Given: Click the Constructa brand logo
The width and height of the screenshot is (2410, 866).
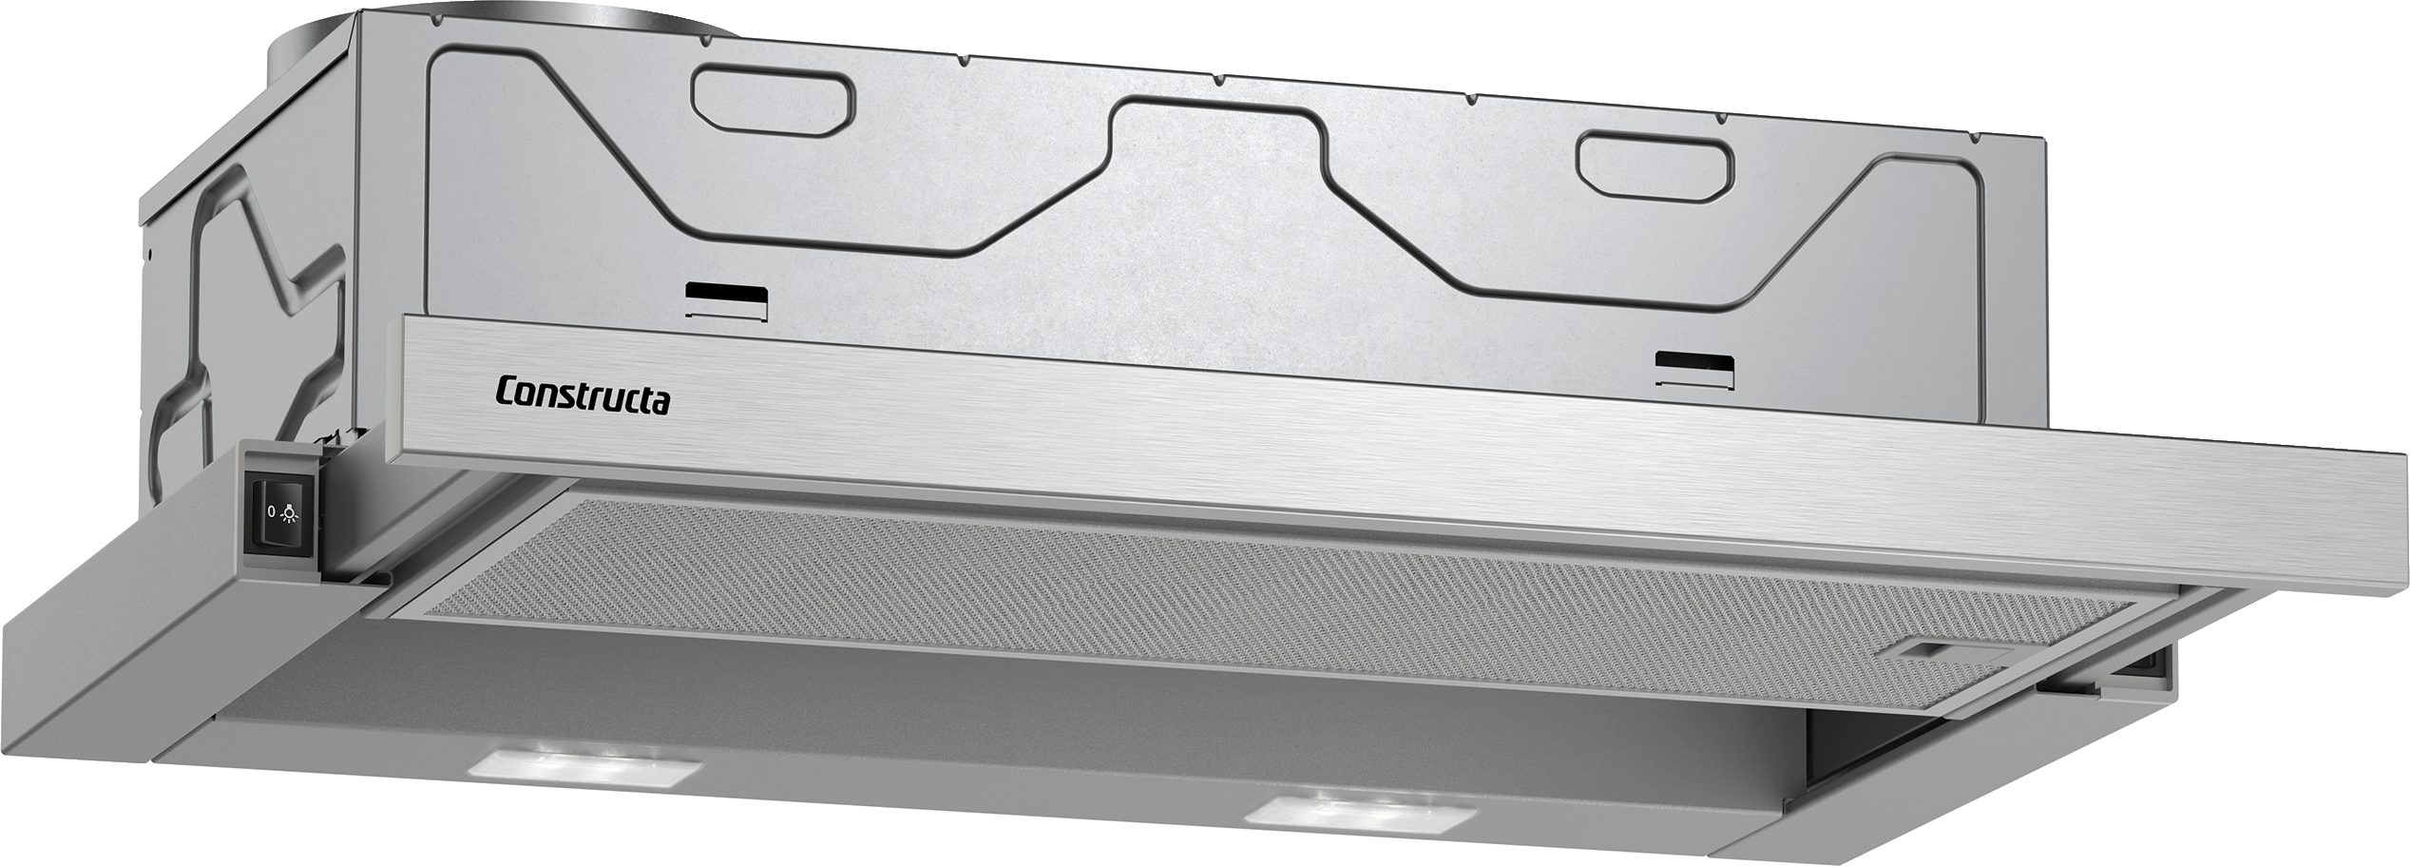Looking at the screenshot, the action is (x=583, y=396).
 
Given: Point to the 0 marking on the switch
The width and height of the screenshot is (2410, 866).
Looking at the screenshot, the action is (x=271, y=511).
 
